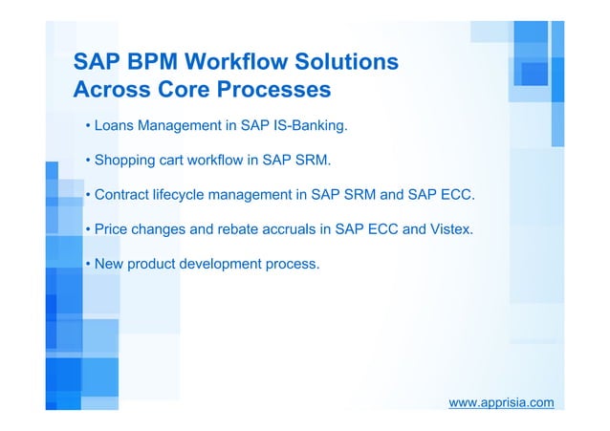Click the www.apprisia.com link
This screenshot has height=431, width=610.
coord(502,402)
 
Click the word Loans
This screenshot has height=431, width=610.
coord(115,126)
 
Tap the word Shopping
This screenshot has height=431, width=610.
coord(126,162)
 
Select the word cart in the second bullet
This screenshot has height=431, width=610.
coord(178,162)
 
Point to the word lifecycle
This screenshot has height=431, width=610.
coord(185,196)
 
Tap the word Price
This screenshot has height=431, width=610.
coord(113,230)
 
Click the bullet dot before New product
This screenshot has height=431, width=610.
coord(87,264)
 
